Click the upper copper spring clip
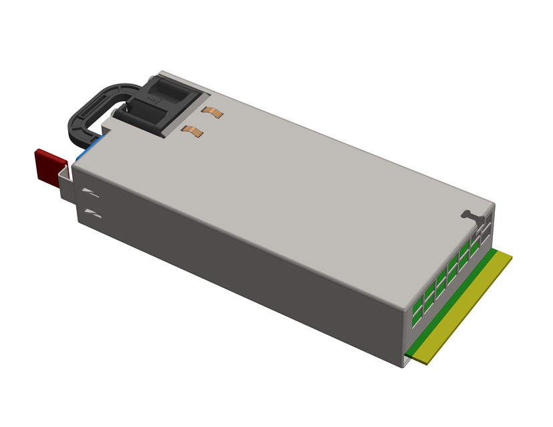[213, 113]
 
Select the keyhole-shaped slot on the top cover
[470, 215]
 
